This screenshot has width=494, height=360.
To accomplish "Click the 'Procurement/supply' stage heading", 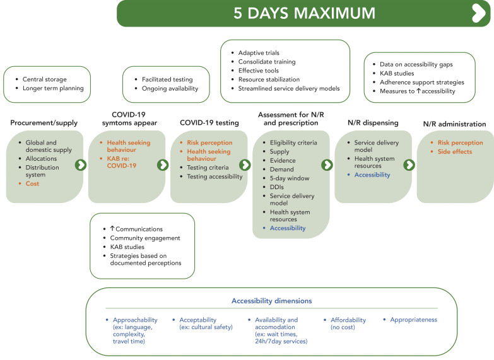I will (43, 123).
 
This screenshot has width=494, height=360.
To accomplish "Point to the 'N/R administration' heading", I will (455, 124).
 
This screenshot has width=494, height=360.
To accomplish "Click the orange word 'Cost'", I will (32, 183).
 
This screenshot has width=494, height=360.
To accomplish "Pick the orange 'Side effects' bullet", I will (454, 152).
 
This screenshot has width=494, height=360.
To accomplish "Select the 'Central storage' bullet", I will (44, 79).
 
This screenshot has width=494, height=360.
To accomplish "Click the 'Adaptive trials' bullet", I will (259, 52).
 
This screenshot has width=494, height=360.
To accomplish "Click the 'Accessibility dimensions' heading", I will (289, 301).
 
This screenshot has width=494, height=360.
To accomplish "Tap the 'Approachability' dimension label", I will (135, 320).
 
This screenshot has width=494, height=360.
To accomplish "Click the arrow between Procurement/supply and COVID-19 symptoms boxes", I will (80, 165).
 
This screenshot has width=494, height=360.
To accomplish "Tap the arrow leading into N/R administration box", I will (409, 165).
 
